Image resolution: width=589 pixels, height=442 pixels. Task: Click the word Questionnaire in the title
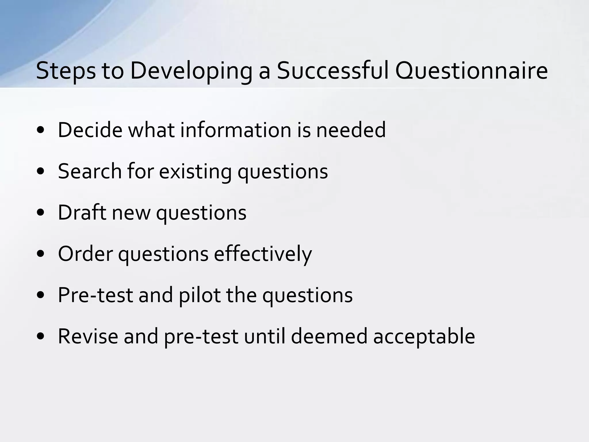click(471, 71)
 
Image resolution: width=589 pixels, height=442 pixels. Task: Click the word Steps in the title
click(66, 71)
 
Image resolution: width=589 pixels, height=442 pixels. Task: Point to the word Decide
click(90, 130)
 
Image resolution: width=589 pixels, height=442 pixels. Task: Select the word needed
click(351, 130)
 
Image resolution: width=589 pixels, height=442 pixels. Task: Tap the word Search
click(90, 171)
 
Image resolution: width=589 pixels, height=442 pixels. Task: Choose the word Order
click(85, 254)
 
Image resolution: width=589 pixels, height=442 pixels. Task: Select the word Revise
click(88, 336)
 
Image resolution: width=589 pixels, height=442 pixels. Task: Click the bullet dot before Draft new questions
click(41, 213)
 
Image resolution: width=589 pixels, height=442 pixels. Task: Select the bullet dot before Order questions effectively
click(41, 254)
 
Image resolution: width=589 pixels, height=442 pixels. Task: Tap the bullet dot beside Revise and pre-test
click(41, 336)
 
